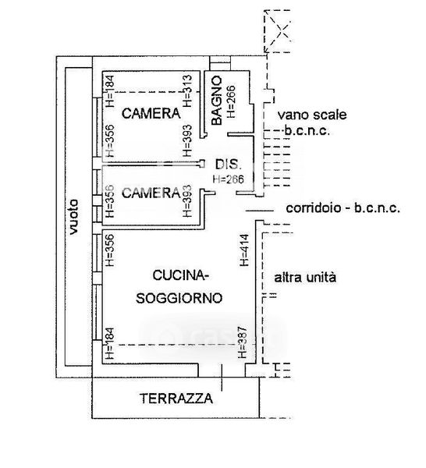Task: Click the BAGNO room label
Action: click(x=216, y=101)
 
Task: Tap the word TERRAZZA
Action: click(x=176, y=399)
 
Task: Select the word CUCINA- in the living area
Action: click(x=180, y=275)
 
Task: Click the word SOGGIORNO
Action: click(x=179, y=298)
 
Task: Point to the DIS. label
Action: click(x=228, y=165)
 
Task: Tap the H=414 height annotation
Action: click(x=244, y=250)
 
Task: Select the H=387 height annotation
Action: click(x=243, y=342)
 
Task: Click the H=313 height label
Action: click(x=187, y=90)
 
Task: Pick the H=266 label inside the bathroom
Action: click(x=231, y=101)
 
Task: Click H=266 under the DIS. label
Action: click(x=229, y=179)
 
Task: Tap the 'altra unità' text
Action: click(x=305, y=278)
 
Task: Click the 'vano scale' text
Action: click(x=312, y=115)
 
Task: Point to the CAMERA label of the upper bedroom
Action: click(x=151, y=113)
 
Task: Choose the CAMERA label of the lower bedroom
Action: click(x=151, y=193)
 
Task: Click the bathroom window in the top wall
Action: click(x=220, y=63)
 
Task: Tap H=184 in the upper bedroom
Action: click(x=109, y=91)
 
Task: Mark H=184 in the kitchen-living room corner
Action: click(x=109, y=344)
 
